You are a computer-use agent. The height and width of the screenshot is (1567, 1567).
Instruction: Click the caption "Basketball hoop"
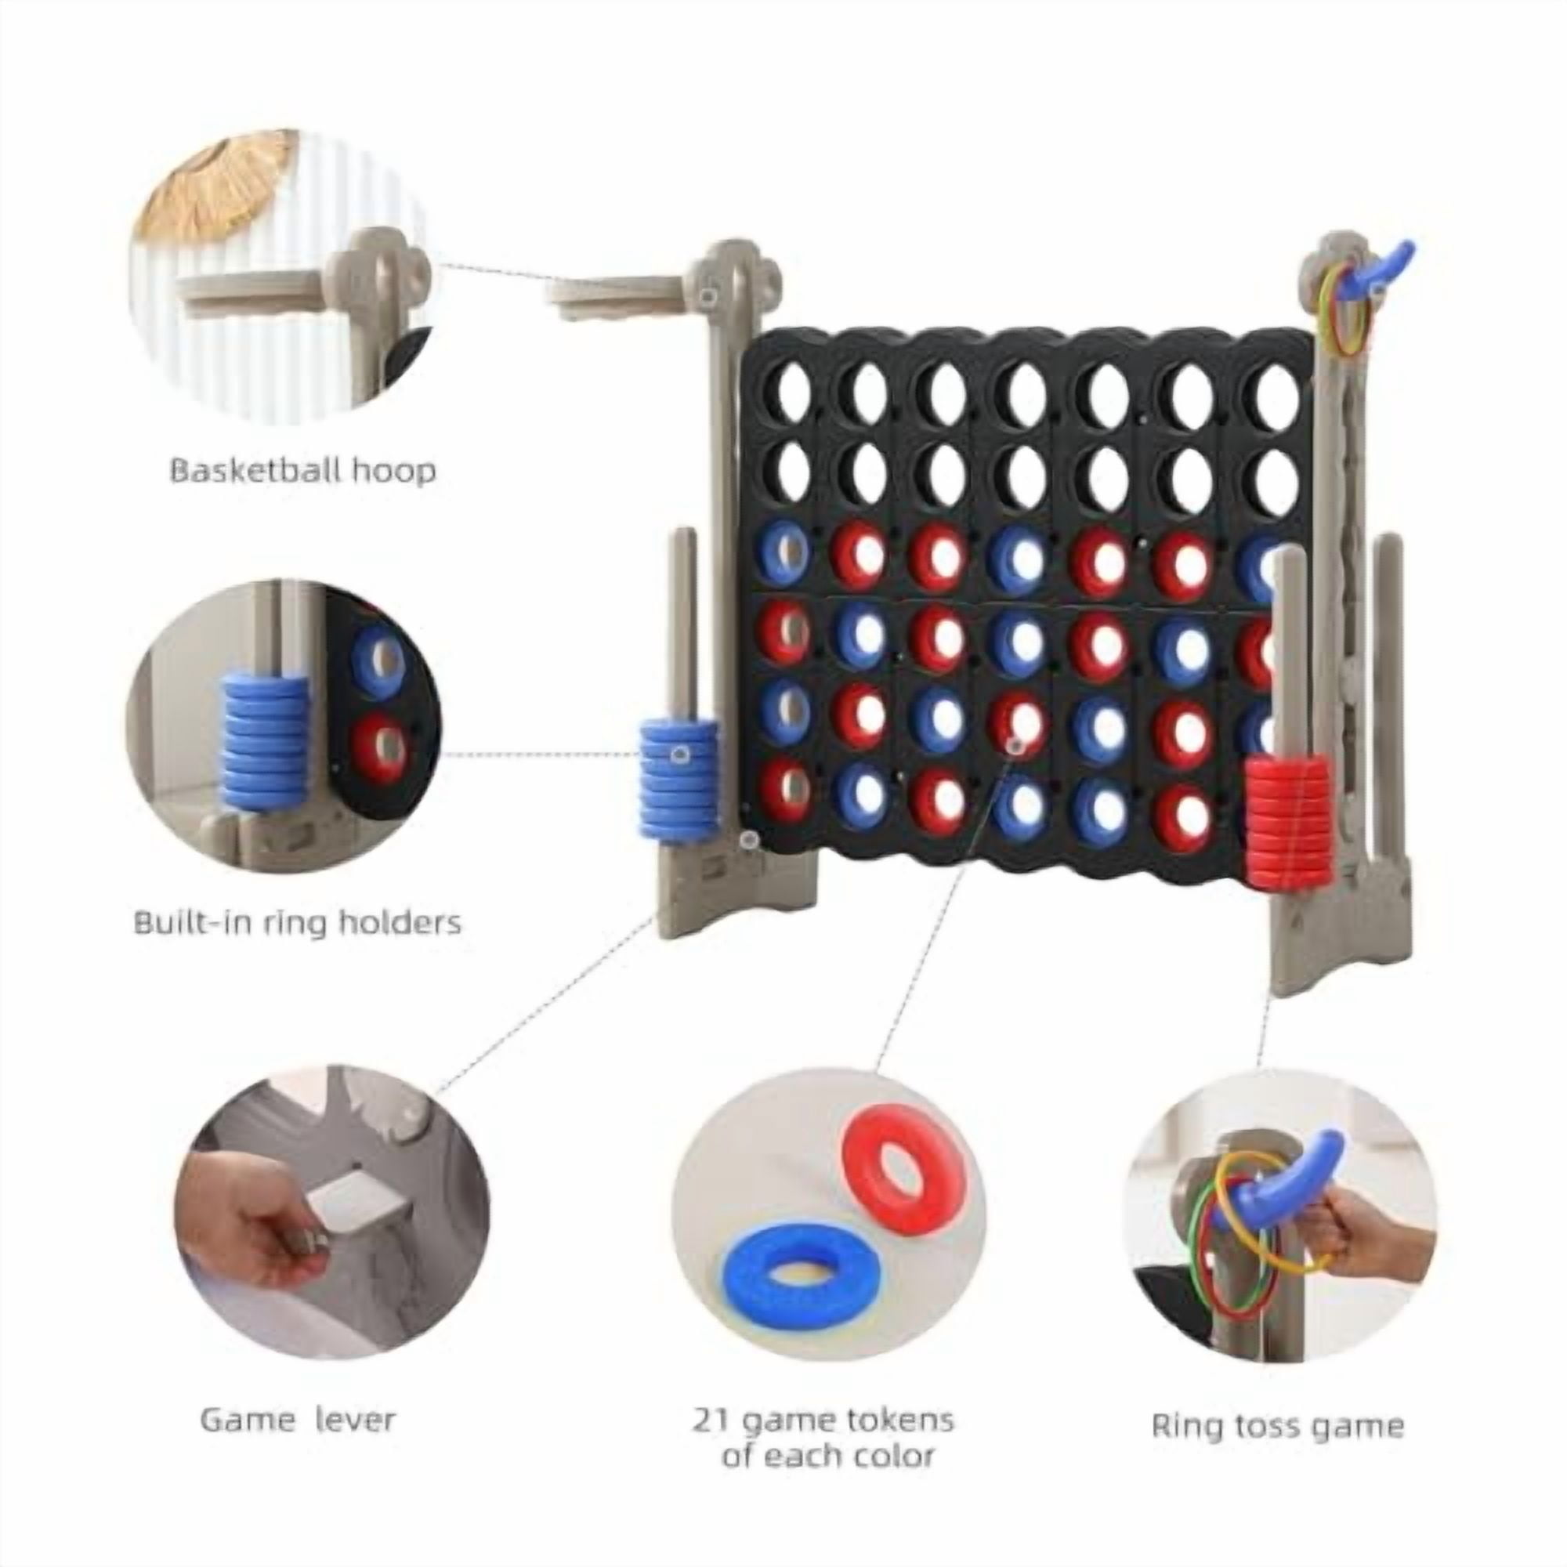(x=302, y=470)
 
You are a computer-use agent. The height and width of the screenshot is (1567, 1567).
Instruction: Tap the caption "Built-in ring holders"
(x=298, y=922)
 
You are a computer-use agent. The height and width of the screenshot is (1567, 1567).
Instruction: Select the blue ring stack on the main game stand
(x=679, y=779)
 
